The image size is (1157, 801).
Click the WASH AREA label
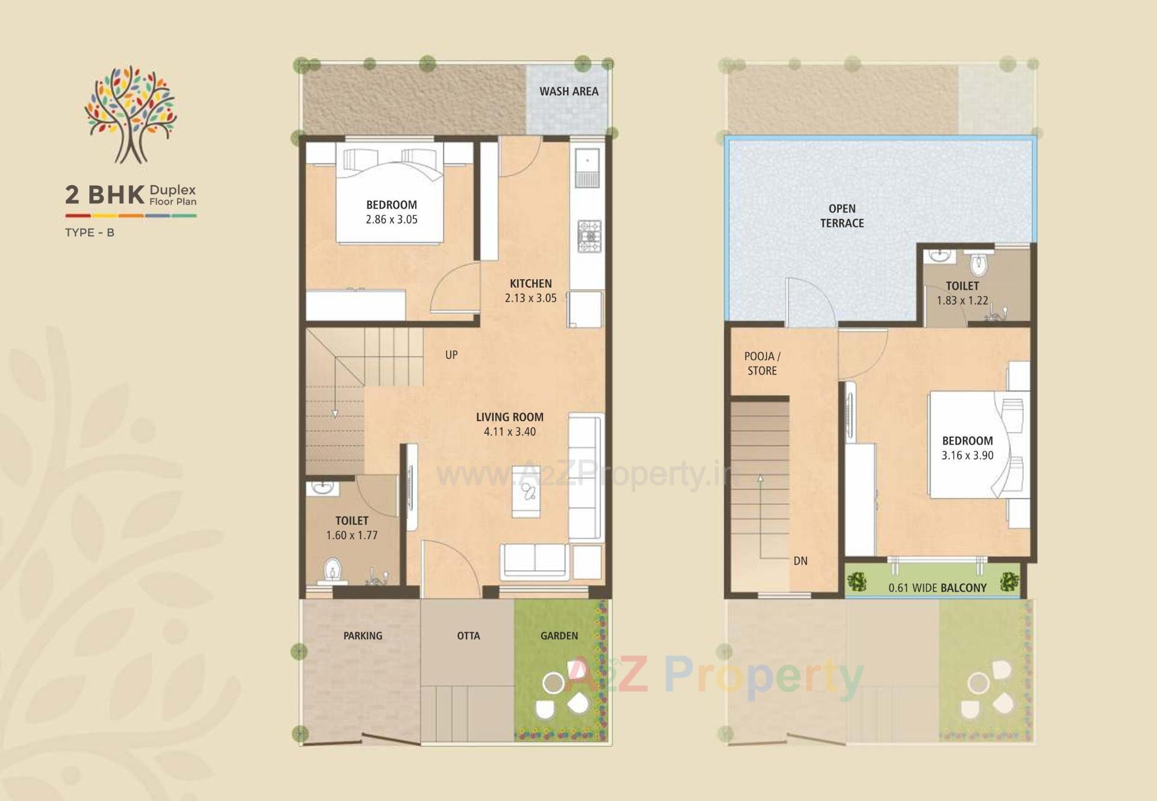click(568, 92)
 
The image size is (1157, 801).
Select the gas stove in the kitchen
click(589, 236)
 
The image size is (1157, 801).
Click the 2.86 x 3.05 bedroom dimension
click(391, 220)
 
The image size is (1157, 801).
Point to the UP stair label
click(451, 355)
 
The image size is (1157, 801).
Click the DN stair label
click(800, 561)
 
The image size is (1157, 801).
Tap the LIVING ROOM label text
click(509, 417)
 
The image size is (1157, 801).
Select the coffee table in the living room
click(526, 492)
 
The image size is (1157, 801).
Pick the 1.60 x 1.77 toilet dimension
click(351, 536)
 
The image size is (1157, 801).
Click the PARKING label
click(363, 636)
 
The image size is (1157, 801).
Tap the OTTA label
click(468, 636)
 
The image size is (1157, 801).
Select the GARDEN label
click(559, 636)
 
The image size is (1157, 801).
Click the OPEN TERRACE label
click(842, 216)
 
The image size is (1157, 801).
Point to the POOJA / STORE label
click(762, 364)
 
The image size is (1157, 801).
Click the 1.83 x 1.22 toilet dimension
click(962, 300)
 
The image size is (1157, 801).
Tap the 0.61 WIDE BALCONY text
click(937, 587)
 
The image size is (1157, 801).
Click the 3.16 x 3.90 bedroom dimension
click(967, 455)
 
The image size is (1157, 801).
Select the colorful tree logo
click(131, 115)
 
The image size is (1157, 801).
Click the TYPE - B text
click(89, 233)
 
